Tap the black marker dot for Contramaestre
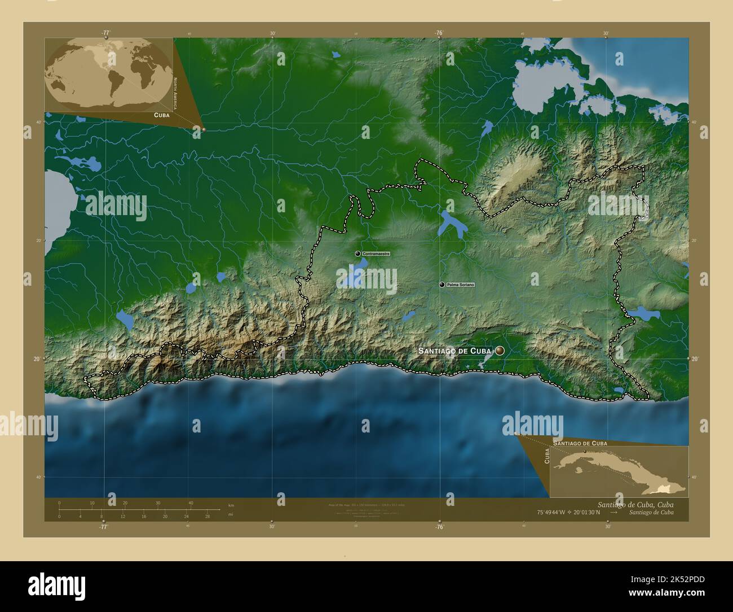(357, 254)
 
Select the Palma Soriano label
(460, 285)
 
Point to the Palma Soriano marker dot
(442, 285)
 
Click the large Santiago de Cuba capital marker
(500, 351)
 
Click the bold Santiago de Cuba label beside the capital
(455, 351)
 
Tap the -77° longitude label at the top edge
(105, 33)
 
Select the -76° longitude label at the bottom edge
(439, 527)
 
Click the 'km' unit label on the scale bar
(231, 505)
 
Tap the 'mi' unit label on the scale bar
(231, 514)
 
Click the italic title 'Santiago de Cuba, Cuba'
(634, 503)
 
